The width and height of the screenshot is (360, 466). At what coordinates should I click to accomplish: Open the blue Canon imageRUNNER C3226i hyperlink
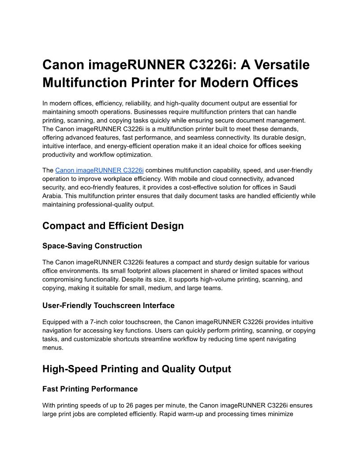coord(99,170)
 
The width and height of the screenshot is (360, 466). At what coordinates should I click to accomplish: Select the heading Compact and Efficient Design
coord(113,226)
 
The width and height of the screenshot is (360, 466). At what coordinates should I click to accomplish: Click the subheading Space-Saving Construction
coord(92,246)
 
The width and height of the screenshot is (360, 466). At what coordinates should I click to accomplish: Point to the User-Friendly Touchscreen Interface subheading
coord(109,305)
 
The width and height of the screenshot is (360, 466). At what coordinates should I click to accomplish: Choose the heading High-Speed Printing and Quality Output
coord(137,369)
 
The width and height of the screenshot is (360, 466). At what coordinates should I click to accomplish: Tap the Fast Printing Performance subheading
coord(90,389)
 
